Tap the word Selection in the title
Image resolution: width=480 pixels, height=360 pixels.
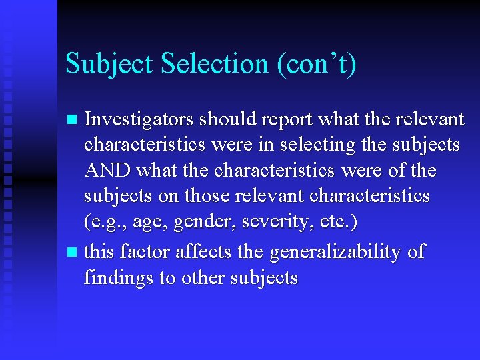pos(212,64)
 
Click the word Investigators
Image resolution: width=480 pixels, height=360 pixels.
pos(139,119)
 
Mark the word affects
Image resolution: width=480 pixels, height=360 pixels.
pos(208,252)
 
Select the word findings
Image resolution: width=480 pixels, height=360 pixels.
pos(118,278)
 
